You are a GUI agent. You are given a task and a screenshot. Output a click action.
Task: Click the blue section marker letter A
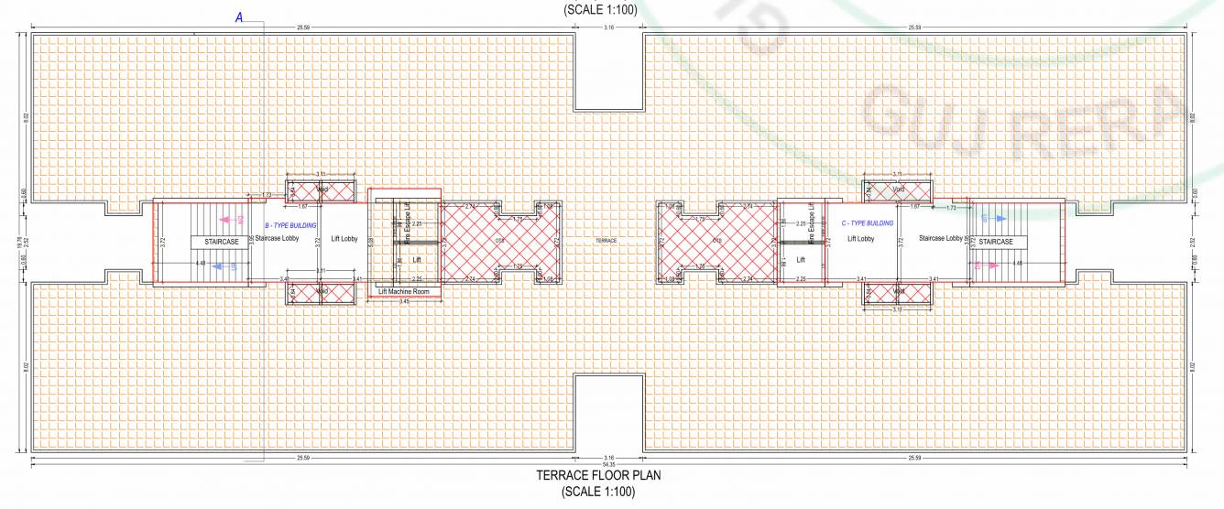pos(239,17)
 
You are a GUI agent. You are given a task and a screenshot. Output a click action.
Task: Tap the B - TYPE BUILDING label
pos(291,223)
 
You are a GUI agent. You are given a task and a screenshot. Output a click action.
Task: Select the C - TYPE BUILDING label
pos(867,223)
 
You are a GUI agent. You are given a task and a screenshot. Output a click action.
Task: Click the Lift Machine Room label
pos(404,292)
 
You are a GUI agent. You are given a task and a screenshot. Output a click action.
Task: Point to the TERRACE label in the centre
pos(607,241)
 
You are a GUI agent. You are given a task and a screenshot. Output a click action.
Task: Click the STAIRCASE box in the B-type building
pos(221,243)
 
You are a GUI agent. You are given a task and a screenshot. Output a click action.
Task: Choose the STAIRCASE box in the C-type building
pos(996,243)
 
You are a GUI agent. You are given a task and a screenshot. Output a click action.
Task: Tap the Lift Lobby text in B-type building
pos(343,239)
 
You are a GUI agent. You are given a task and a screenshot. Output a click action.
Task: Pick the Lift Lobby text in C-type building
pos(862,239)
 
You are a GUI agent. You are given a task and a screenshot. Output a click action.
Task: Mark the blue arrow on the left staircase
pos(218,266)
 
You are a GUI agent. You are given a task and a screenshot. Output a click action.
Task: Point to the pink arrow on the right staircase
pos(989,265)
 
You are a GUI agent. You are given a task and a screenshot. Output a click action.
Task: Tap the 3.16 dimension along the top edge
pos(609,28)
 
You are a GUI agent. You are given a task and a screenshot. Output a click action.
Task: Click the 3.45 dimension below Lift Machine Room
pos(404,301)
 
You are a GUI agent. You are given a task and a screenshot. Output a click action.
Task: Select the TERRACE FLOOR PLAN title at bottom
pos(597,476)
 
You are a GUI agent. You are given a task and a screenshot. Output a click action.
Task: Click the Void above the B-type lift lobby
pos(322,190)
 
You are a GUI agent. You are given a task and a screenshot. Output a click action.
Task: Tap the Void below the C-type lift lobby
pos(899,292)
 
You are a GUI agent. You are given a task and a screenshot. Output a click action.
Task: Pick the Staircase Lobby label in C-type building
pos(939,239)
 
